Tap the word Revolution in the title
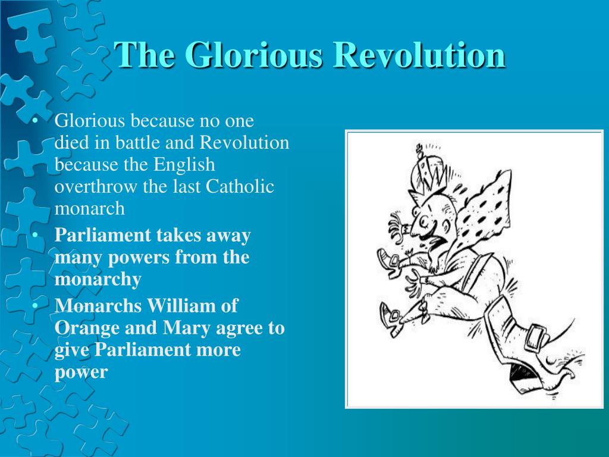click(x=420, y=54)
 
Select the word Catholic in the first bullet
click(x=240, y=186)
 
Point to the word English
click(x=184, y=165)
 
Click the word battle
click(x=137, y=142)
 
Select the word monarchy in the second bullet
click(x=98, y=280)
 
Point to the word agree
click(x=239, y=328)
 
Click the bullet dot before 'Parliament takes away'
click(x=35, y=235)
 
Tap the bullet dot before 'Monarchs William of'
click(x=35, y=305)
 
